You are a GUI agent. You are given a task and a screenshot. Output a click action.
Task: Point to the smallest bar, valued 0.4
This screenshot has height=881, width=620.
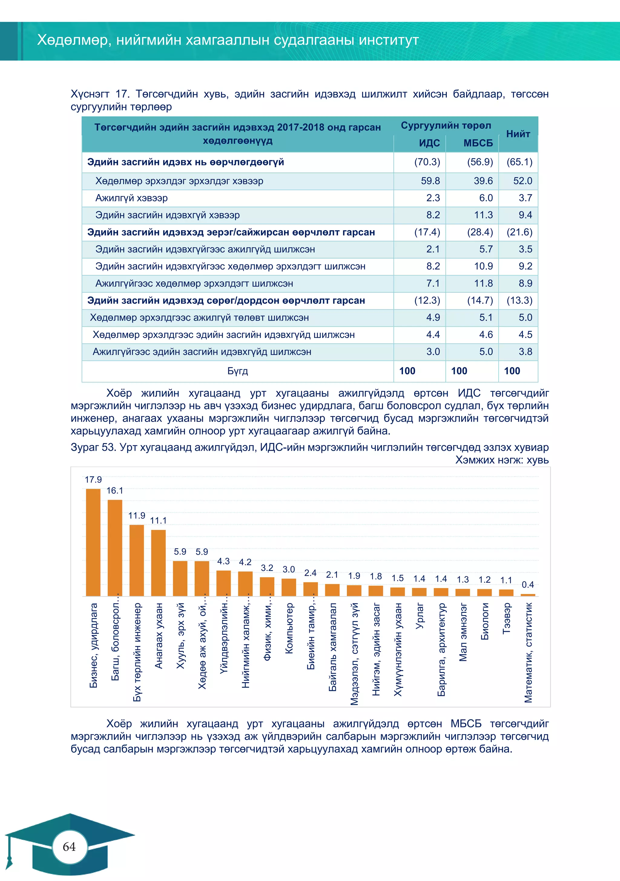click(528, 595)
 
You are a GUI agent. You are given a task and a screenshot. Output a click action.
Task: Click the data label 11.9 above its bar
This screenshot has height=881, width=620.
click(137, 515)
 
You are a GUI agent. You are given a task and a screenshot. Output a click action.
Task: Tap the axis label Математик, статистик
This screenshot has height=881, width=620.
click(528, 652)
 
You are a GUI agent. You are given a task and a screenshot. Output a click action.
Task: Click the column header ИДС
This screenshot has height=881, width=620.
click(429, 143)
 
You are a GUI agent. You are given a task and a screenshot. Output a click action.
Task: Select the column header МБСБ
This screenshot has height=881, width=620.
click(478, 143)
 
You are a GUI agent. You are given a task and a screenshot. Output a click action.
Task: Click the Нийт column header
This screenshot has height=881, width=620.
click(518, 134)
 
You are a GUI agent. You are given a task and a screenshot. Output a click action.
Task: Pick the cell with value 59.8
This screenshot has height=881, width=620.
click(430, 181)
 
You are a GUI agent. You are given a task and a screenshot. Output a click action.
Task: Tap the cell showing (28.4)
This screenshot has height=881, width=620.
click(480, 232)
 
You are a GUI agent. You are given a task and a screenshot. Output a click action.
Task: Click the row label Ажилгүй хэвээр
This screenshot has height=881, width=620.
click(132, 198)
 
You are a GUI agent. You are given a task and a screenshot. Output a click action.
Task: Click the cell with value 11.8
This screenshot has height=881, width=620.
click(483, 283)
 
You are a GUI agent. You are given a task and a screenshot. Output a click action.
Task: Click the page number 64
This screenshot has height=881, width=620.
click(69, 846)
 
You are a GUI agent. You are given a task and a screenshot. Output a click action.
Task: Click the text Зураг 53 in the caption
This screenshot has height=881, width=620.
click(93, 447)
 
